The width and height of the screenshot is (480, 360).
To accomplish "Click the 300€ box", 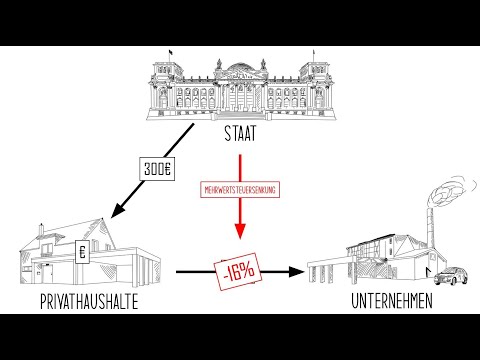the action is (x=159, y=170).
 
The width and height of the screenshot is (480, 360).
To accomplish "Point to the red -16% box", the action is (x=240, y=271).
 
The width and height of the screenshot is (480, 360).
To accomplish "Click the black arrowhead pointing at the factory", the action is (x=295, y=271).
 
